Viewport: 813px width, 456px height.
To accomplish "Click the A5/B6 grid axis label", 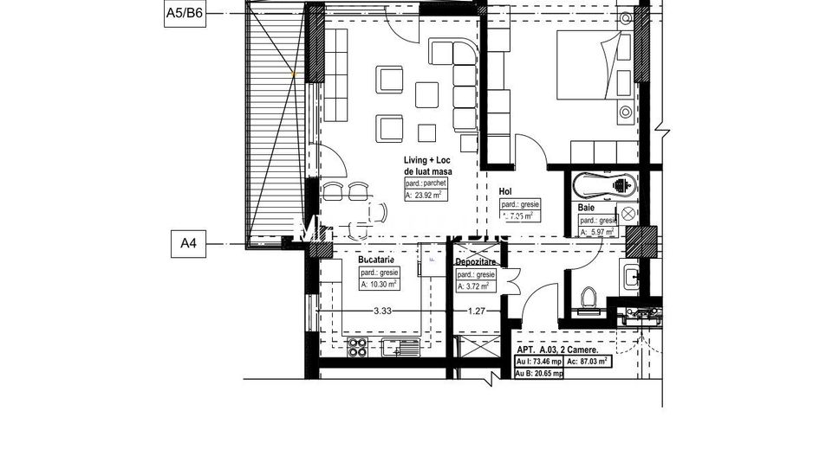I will coord(185,15).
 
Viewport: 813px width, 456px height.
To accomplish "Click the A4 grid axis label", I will coord(188,244).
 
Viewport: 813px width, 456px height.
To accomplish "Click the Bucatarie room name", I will coord(376,260).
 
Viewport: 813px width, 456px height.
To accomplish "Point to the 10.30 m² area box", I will coord(379,283).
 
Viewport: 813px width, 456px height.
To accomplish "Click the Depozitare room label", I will coord(477,260).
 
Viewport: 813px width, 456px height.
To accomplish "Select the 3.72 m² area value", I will coord(476,286).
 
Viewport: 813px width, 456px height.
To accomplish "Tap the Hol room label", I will coord(506,191).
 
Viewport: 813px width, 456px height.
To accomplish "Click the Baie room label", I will coord(587,208).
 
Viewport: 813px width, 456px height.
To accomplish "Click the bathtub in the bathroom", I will coord(604,184).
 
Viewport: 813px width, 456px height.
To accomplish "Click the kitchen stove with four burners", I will coord(357,348).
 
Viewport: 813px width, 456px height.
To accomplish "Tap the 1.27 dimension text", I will coord(478,311).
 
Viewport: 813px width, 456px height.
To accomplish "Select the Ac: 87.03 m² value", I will coord(589,362).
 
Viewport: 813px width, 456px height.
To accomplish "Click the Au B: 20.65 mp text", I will coord(541,374).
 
